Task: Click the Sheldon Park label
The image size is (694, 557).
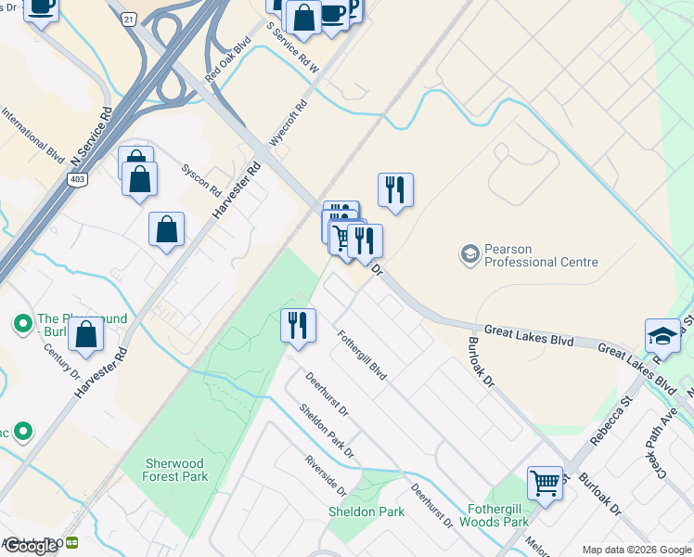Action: pos(366,512)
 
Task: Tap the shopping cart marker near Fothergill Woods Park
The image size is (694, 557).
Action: pos(546,483)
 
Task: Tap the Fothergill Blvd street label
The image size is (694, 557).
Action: pos(362,356)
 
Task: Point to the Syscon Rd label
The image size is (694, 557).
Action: pos(201,180)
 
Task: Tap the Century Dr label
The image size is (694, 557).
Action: pos(63,362)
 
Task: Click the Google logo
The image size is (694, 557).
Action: pos(31,546)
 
